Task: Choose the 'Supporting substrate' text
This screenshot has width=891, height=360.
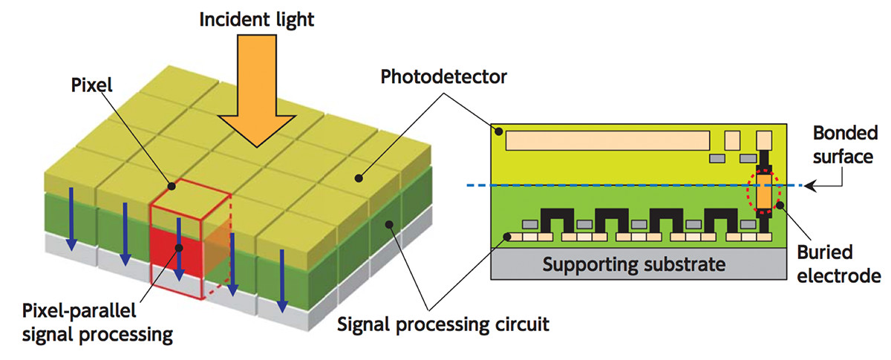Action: pos(633,264)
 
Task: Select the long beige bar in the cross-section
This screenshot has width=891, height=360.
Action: pos(607,139)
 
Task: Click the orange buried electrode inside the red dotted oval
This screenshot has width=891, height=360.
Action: pos(764,192)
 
